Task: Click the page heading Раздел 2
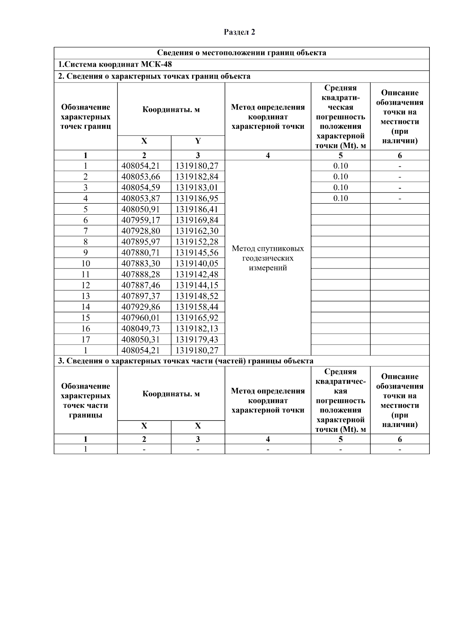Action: [239, 32]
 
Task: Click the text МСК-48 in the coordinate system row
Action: [156, 64]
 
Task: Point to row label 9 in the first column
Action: [86, 253]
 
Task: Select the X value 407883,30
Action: [141, 264]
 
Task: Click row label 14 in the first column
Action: [86, 307]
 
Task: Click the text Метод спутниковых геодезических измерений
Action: [267, 258]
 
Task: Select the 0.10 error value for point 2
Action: [340, 177]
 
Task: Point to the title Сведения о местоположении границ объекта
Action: [241, 53]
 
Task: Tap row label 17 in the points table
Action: [86, 339]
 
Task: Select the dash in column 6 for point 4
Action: [400, 198]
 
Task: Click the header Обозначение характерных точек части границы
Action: [86, 401]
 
